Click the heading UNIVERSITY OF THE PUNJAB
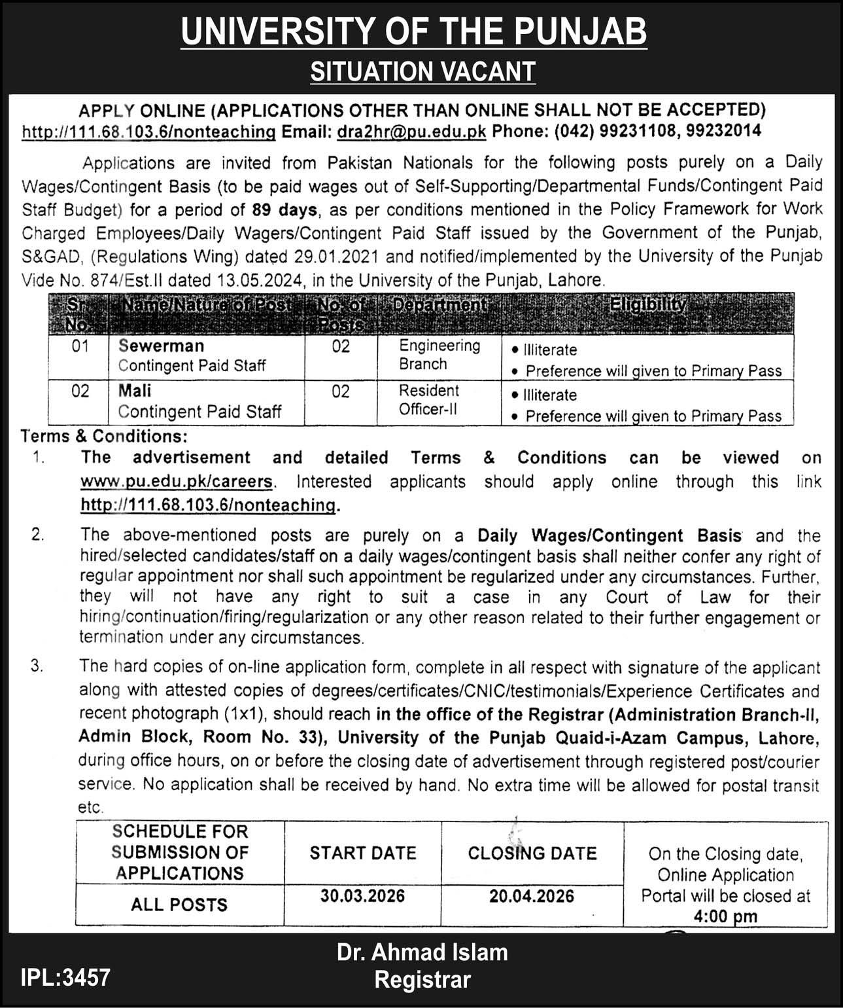[x=414, y=31]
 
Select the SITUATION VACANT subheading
[x=422, y=71]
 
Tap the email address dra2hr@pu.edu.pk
[x=411, y=132]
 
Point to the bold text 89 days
[x=284, y=210]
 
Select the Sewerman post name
[x=161, y=346]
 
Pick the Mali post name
[x=135, y=391]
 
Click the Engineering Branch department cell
[x=439, y=354]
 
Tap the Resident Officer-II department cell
[x=429, y=399]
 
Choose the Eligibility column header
[x=647, y=305]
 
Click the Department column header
[x=439, y=305]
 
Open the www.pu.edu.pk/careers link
[x=176, y=482]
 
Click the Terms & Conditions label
[x=104, y=436]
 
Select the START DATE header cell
[x=363, y=853]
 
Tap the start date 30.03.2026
[x=362, y=895]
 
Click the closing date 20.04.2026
[x=531, y=895]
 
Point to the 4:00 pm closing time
[x=725, y=916]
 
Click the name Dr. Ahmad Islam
[x=422, y=952]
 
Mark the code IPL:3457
[x=65, y=978]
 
